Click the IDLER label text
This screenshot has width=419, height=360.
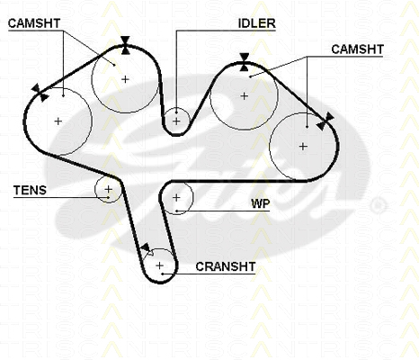pos(256,23)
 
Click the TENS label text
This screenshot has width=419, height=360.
pos(30,190)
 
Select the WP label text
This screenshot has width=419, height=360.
pos(261,203)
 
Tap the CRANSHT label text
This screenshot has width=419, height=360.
pos(226,266)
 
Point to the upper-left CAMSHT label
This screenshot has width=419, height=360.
pos(34,23)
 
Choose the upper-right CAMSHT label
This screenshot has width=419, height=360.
pos(357,49)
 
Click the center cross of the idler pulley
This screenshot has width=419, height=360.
pos(176,121)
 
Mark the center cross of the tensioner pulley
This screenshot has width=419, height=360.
pos(108,189)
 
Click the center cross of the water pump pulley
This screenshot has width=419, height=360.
pos(176,197)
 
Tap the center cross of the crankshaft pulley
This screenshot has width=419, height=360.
pos(159,265)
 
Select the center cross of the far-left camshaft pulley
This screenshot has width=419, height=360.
pos(58,121)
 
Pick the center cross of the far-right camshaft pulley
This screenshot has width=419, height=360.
pos(303,147)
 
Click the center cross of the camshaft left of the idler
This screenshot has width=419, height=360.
pos(125,79)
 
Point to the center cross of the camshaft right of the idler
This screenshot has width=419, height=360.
pos(245,96)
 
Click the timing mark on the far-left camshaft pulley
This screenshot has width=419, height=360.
pos(40,93)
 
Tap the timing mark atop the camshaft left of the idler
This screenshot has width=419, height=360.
pos(126,45)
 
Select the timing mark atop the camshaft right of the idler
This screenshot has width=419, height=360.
pos(245,62)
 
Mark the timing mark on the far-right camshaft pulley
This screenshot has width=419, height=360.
pos(325,121)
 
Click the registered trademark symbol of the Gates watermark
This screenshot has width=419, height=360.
pos(378,205)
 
